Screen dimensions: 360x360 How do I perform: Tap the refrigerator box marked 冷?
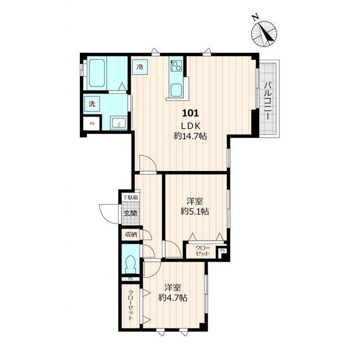click(140, 66)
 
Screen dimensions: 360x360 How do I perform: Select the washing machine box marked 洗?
click(92, 104)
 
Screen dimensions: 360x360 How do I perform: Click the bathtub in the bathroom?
click(97, 73)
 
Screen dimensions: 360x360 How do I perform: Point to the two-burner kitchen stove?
click(176, 66)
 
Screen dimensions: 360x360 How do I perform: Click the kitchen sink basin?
click(177, 90)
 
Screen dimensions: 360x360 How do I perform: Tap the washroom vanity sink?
click(119, 123)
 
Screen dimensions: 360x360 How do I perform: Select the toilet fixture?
click(130, 263)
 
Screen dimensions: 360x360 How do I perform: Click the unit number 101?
click(190, 113)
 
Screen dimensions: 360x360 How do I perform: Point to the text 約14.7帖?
click(190, 136)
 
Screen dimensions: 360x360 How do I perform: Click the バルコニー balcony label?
click(268, 100)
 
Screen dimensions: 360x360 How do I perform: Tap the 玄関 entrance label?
click(130, 213)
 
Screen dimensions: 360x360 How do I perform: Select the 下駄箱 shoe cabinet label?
click(130, 197)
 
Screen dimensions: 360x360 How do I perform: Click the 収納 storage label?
click(131, 235)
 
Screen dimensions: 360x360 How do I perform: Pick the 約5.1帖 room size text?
click(195, 211)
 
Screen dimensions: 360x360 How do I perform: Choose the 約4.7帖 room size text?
click(173, 298)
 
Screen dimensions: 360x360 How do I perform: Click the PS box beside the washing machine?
click(92, 124)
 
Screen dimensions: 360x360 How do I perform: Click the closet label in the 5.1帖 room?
click(202, 251)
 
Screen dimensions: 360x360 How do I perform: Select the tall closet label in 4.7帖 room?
click(130, 305)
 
